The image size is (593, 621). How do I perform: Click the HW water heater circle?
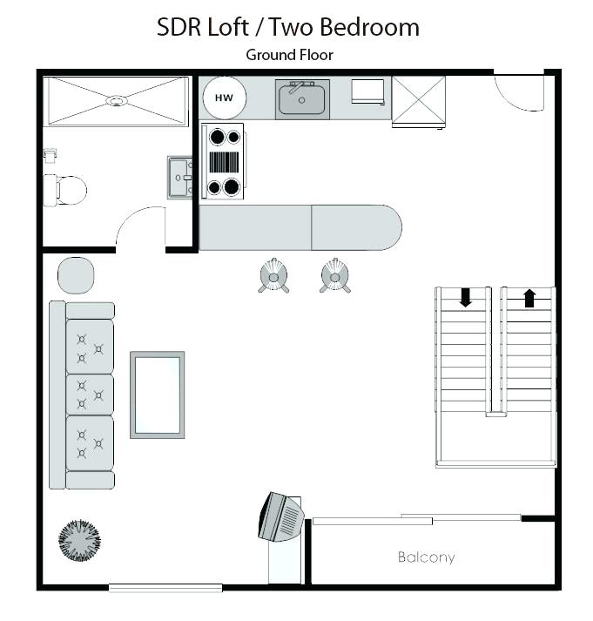coord(224,98)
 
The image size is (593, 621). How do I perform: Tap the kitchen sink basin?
coord(302,99)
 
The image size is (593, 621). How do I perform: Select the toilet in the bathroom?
coord(66,189)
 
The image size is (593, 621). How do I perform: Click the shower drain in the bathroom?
coord(116,101)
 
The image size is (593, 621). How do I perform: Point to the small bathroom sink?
coord(180,178)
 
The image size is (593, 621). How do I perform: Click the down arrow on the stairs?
coord(466,298)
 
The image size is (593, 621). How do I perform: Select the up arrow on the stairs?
coord(529,298)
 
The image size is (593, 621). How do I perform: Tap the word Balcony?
coord(426,557)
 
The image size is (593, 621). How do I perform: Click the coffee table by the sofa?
coord(157,395)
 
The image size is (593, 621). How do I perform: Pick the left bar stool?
coord(273,276)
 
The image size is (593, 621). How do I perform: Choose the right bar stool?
coord(335,276)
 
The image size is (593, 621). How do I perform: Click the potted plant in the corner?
coord(80,540)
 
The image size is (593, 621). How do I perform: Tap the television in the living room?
coord(280,517)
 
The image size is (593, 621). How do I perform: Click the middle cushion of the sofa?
coord(90,395)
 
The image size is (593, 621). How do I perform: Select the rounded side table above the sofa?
coord(76,275)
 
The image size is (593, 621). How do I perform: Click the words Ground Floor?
coord(289,55)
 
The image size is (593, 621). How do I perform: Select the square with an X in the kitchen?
coord(418,100)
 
